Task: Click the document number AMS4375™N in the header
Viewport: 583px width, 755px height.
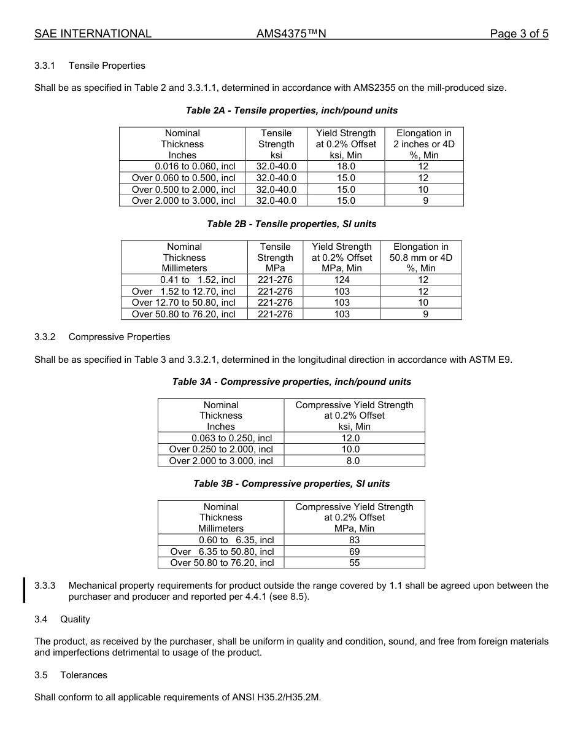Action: click(x=291, y=34)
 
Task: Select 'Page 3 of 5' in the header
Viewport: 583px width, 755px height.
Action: click(x=519, y=34)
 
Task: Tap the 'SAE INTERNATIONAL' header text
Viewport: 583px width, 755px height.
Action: click(x=93, y=34)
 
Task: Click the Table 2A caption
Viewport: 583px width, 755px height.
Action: click(x=291, y=110)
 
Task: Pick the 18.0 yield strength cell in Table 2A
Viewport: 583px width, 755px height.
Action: click(x=346, y=166)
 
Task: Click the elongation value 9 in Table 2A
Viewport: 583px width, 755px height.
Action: click(x=424, y=201)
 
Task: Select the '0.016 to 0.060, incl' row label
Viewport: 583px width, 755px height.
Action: click(x=195, y=166)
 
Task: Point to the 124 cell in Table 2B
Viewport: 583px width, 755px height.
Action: click(x=342, y=280)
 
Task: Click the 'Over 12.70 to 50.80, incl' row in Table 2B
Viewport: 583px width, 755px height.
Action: click(x=183, y=303)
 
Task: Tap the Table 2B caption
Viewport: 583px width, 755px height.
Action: click(x=291, y=224)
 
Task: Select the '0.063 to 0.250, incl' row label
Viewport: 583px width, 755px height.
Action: click(x=231, y=438)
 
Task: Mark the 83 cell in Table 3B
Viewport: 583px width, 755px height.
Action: click(x=354, y=540)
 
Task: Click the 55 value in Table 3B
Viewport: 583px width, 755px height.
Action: click(x=354, y=563)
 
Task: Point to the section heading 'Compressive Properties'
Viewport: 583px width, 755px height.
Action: click(x=119, y=337)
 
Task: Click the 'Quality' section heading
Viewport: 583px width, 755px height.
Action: click(x=75, y=619)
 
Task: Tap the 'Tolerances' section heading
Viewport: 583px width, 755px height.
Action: click(x=83, y=675)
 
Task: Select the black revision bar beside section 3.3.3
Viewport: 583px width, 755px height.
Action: click(x=24, y=590)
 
